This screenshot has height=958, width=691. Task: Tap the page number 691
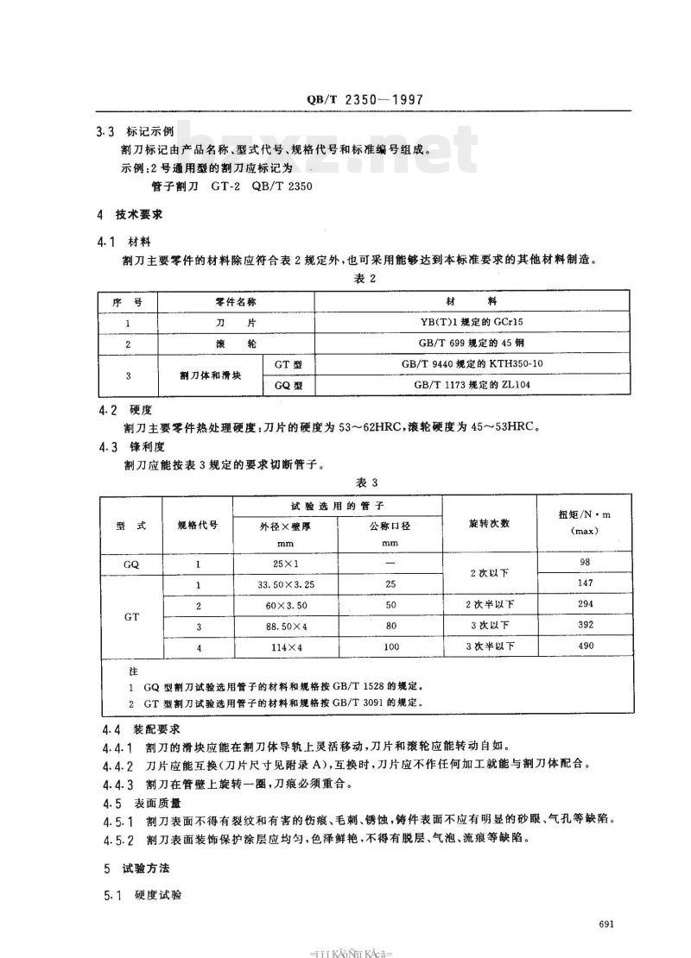[605, 924]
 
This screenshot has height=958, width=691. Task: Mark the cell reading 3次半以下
[490, 646]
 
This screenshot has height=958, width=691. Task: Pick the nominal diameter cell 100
[390, 646]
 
